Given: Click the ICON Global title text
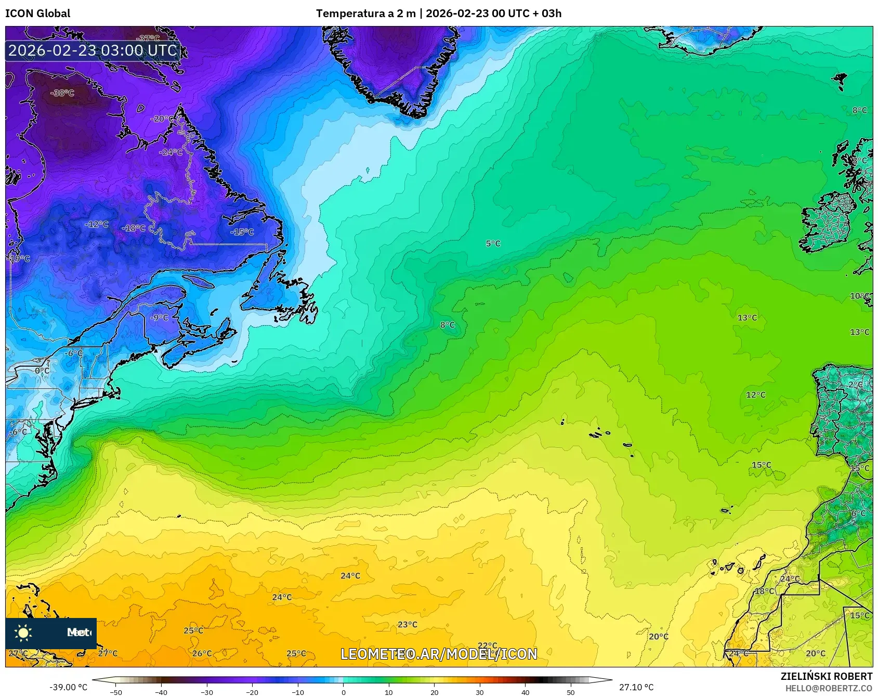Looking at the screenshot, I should tap(37, 14).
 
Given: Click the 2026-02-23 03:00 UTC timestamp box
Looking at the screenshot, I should tap(93, 50).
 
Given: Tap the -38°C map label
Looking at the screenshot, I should tap(62, 93).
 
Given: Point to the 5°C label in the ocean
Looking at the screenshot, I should tap(493, 243).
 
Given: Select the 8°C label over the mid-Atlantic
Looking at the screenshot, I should tap(447, 325).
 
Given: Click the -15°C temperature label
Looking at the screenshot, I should tap(242, 232).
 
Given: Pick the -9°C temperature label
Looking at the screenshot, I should tap(159, 317).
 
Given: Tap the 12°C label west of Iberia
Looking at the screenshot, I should tap(755, 395).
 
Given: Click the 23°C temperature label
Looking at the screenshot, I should tap(407, 624).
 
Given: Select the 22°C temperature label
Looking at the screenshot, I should tap(487, 646).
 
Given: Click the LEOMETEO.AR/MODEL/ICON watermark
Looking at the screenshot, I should tap(439, 654).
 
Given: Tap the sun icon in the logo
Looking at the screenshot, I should tap(23, 633).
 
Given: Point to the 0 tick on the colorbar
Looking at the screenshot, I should tap(343, 692).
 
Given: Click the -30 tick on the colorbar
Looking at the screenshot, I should tap(207, 692).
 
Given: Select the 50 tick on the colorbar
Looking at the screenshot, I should tap(571, 692).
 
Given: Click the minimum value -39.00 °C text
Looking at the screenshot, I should tap(69, 687).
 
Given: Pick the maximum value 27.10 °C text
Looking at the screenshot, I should tap(636, 687).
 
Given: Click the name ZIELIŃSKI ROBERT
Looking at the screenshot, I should tap(826, 676).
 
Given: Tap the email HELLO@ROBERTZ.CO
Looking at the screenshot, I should tap(829, 688).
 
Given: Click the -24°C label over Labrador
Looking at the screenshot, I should tap(172, 152).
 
